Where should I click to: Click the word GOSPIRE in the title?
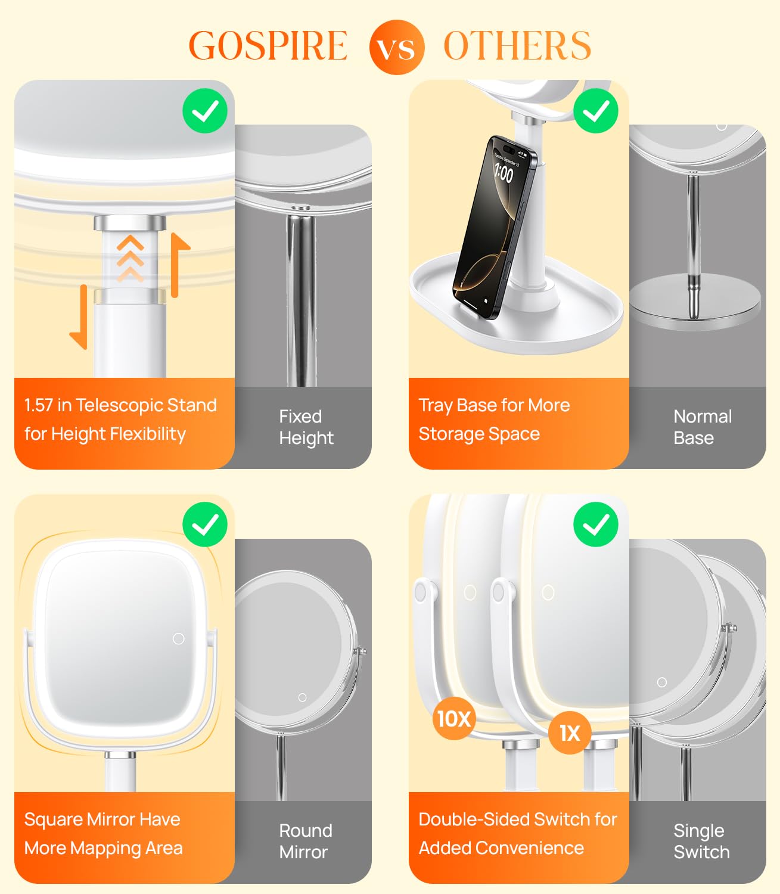(268, 46)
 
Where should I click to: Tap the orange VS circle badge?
(396, 47)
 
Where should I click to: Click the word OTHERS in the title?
(517, 46)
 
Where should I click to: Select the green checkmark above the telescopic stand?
(205, 111)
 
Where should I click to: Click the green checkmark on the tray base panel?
(595, 111)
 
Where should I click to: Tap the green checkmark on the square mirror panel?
(205, 524)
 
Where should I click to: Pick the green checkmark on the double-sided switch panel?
(595, 524)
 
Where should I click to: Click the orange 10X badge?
(454, 719)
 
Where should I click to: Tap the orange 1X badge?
(570, 733)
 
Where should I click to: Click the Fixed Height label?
(306, 427)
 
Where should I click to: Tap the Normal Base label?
(702, 427)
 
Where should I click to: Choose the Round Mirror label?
(305, 841)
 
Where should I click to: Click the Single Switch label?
(701, 841)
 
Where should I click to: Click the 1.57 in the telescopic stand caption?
(39, 405)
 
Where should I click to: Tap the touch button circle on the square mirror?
(178, 639)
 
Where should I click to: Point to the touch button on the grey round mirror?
(302, 697)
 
